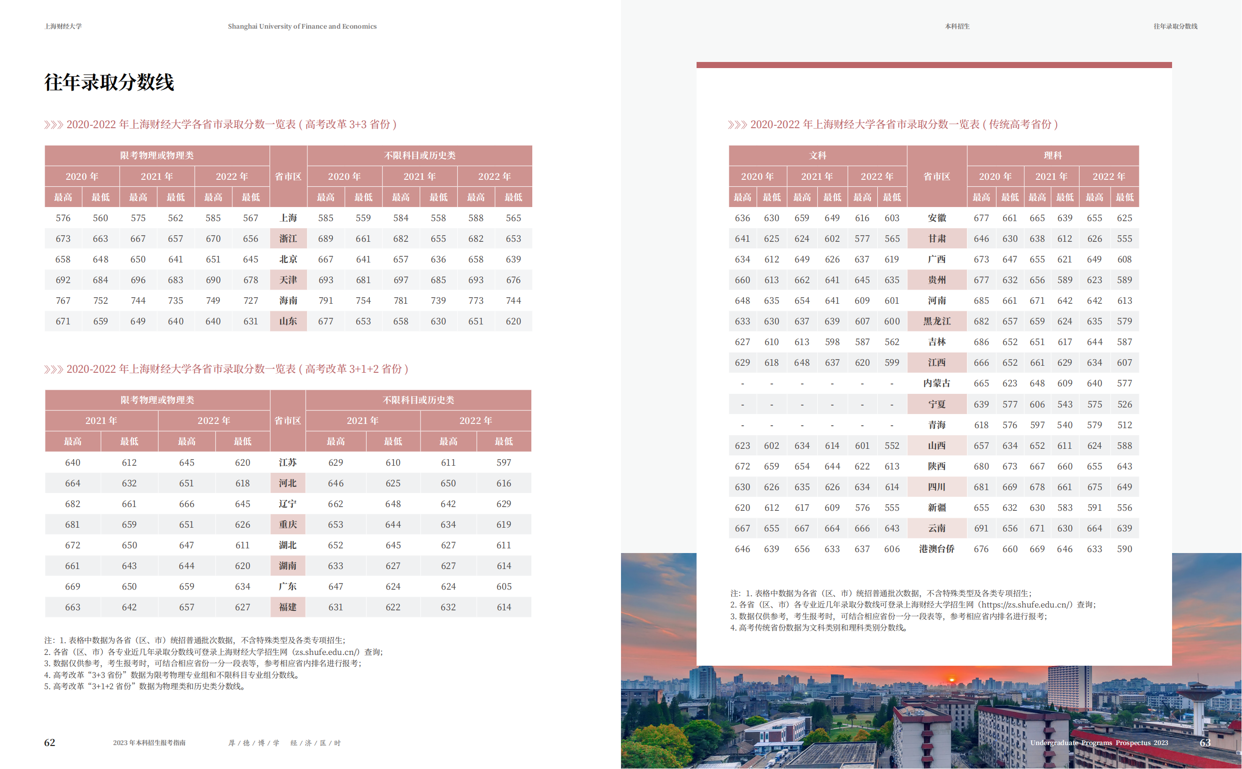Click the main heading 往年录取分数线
[109, 83]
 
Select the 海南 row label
[288, 300]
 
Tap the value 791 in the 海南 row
[325, 300]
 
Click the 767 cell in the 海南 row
[63, 300]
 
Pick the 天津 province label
[288, 280]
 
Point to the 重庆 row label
[287, 524]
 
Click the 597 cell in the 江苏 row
[503, 462]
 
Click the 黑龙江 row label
[936, 322]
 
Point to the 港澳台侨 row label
[936, 549]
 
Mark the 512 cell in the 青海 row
[1124, 425]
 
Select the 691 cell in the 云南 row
[981, 529]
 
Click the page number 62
[49, 743]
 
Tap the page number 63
[1204, 743]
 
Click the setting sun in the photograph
[952, 678]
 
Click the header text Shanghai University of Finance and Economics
[302, 26]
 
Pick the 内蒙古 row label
[936, 383]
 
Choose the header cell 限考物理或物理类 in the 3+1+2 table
[157, 400]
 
